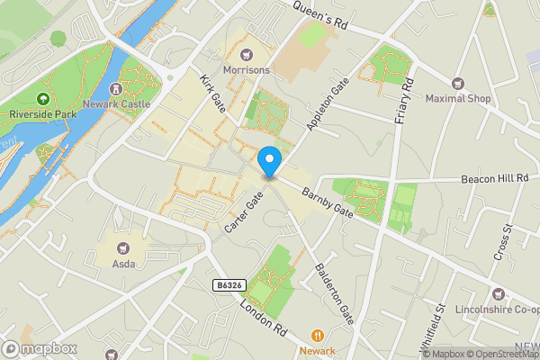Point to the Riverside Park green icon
41,99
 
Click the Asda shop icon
123,247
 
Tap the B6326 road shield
229,285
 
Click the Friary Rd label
403,101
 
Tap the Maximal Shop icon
458,83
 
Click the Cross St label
502,242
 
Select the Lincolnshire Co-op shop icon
498,293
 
